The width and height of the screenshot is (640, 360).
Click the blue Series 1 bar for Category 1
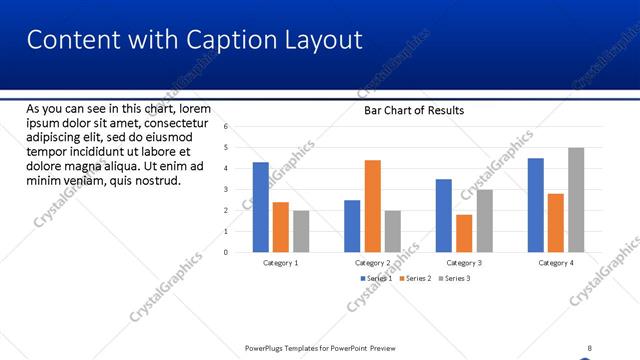261,207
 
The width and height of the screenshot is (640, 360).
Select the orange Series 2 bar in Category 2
372,206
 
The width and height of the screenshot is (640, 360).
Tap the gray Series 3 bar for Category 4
576,200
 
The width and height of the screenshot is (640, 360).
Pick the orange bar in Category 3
464,233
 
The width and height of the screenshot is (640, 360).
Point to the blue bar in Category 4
536,205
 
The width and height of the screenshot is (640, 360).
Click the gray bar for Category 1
301,231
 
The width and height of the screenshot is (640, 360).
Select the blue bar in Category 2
352,226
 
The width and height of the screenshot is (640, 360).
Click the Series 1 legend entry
375,277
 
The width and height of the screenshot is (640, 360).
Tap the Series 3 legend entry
454,277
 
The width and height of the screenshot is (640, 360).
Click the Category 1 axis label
281,262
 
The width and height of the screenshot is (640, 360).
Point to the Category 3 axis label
464,262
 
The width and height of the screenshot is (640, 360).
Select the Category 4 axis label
556,262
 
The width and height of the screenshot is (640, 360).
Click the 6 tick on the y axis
227,127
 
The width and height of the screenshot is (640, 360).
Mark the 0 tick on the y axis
227,252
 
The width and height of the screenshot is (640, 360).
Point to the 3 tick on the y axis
227,189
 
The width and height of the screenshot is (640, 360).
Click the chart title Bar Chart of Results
413,111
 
